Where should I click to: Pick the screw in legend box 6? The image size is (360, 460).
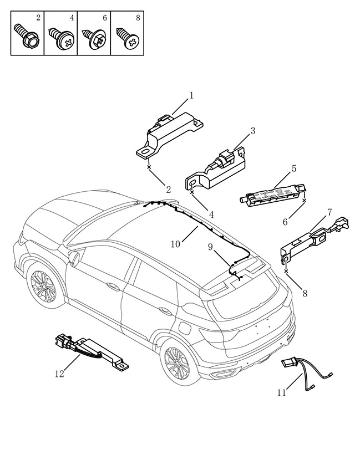click(x=94, y=38)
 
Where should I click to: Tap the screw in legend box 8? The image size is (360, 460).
click(x=128, y=38)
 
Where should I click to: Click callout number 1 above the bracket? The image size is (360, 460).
click(x=191, y=96)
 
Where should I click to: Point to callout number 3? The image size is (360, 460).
click(x=253, y=131)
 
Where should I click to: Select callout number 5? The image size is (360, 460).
click(x=294, y=168)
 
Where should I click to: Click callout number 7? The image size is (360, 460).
click(x=329, y=212)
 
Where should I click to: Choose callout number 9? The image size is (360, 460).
click(x=210, y=247)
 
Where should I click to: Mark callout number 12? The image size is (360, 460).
click(x=59, y=374)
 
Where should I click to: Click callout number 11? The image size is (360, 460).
click(x=282, y=392)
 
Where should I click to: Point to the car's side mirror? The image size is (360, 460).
click(x=74, y=258)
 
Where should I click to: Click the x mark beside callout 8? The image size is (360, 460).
click(x=286, y=271)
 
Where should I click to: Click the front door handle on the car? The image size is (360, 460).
click(x=113, y=286)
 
